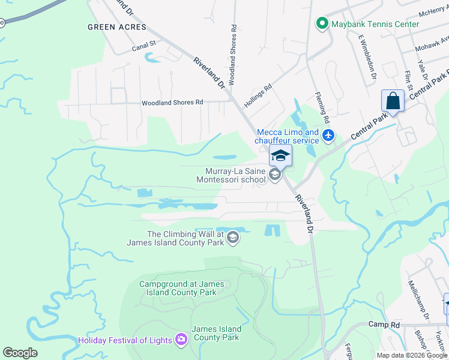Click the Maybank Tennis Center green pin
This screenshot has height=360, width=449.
[322, 24]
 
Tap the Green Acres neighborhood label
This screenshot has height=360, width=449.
[116, 27]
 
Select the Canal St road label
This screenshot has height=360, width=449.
[144, 44]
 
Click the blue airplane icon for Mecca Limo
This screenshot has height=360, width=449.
[328, 135]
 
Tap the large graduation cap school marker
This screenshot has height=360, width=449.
[280, 155]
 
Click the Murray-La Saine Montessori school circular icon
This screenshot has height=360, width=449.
[275, 175]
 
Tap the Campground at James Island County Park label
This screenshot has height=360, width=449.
[178, 288]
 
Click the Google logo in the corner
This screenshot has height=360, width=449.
[20, 353]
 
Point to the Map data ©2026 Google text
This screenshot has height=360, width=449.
[412, 355]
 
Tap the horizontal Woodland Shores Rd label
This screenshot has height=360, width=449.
[172, 103]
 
